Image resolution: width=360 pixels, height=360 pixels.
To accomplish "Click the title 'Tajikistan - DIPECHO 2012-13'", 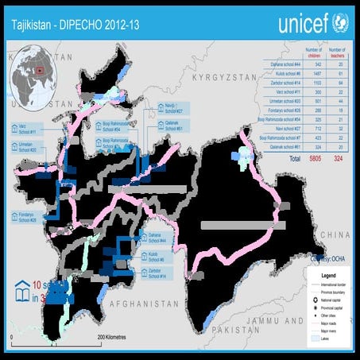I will [67, 23].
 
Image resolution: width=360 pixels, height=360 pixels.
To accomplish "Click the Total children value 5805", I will [296, 159].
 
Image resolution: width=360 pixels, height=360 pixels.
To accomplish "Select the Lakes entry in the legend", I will [326, 337].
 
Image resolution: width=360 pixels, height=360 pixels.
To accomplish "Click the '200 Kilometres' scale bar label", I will [113, 338].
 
